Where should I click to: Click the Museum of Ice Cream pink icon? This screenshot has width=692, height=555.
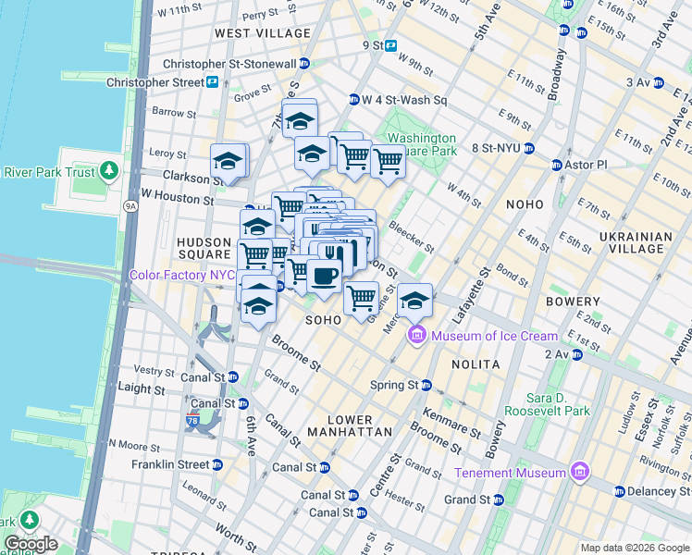click(x=416, y=336)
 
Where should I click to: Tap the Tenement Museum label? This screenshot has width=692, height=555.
click(x=512, y=473)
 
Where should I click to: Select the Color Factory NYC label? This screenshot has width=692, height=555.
click(x=182, y=275)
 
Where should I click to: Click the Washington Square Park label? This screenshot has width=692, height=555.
click(x=422, y=144)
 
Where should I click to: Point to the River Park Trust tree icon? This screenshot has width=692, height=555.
click(x=110, y=171)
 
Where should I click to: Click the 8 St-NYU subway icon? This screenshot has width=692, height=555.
click(x=529, y=148)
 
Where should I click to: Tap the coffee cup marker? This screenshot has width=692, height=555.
click(x=323, y=276)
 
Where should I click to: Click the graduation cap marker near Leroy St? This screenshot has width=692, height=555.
click(x=228, y=162)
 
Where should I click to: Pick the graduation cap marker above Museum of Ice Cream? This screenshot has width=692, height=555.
click(x=415, y=300)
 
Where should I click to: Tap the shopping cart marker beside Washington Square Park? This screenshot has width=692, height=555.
click(x=388, y=161)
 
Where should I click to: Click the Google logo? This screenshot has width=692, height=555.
click(x=31, y=544)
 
